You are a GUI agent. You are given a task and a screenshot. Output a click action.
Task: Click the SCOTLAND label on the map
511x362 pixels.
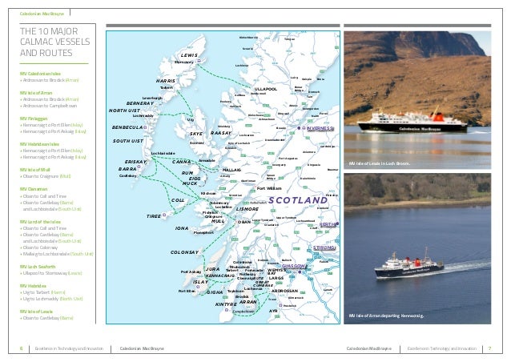point(298,199)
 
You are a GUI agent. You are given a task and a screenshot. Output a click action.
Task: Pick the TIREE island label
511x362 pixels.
point(154,217)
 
